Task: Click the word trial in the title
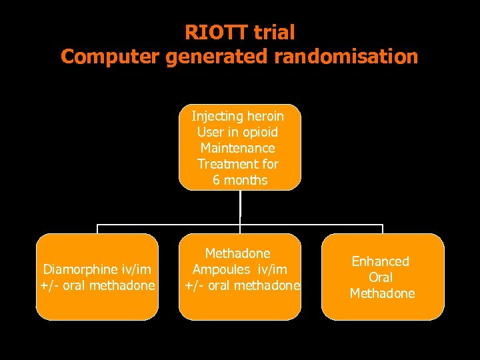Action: click(x=273, y=32)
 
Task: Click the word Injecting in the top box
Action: click(x=215, y=116)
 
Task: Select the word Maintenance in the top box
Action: click(x=237, y=148)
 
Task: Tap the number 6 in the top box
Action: click(x=216, y=180)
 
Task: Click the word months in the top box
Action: click(x=245, y=180)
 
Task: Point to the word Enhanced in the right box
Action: click(x=381, y=261)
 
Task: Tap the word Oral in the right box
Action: click(x=381, y=277)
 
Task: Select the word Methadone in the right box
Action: click(x=382, y=293)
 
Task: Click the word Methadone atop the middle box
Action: click(x=237, y=253)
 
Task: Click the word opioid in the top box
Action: click(x=256, y=132)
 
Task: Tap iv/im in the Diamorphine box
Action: click(x=136, y=269)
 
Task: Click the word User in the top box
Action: click(x=210, y=132)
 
